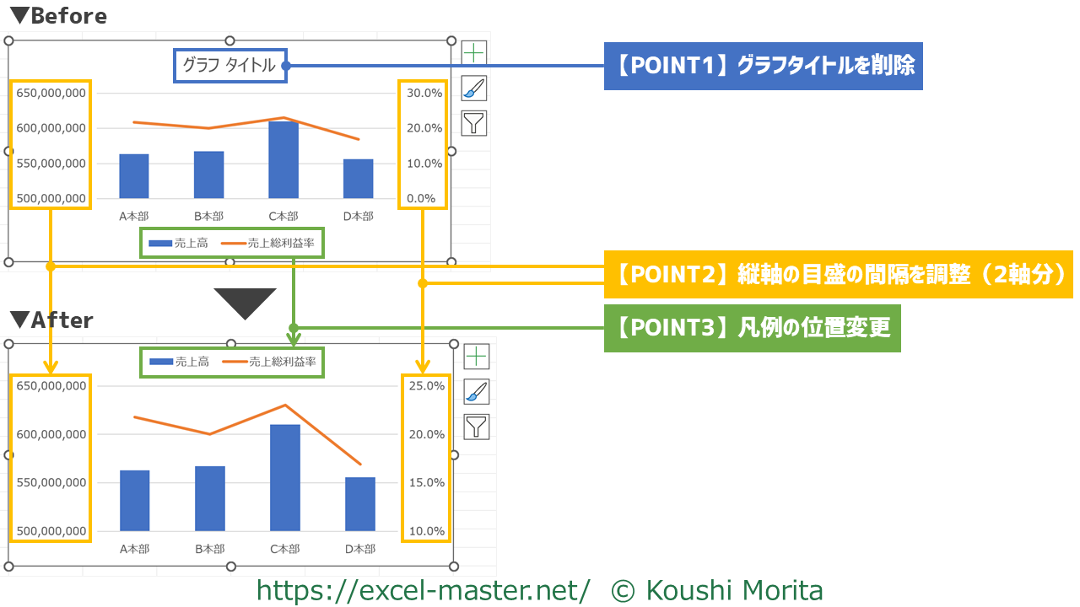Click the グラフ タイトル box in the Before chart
[229, 66]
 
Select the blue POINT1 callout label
[764, 66]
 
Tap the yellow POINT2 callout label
[838, 274]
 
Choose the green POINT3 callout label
[752, 328]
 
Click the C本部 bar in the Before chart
[283, 160]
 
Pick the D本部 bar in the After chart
[360, 504]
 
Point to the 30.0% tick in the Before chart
[424, 93]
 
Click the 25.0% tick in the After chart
[426, 386]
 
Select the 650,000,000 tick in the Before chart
[51, 93]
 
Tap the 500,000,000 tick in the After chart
[51, 531]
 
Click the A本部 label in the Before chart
[134, 217]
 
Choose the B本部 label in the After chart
[209, 549]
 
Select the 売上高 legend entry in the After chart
[180, 363]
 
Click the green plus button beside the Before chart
[475, 52]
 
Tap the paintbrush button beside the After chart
[477, 391]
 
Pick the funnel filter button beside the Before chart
[475, 123]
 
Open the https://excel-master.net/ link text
[423, 590]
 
